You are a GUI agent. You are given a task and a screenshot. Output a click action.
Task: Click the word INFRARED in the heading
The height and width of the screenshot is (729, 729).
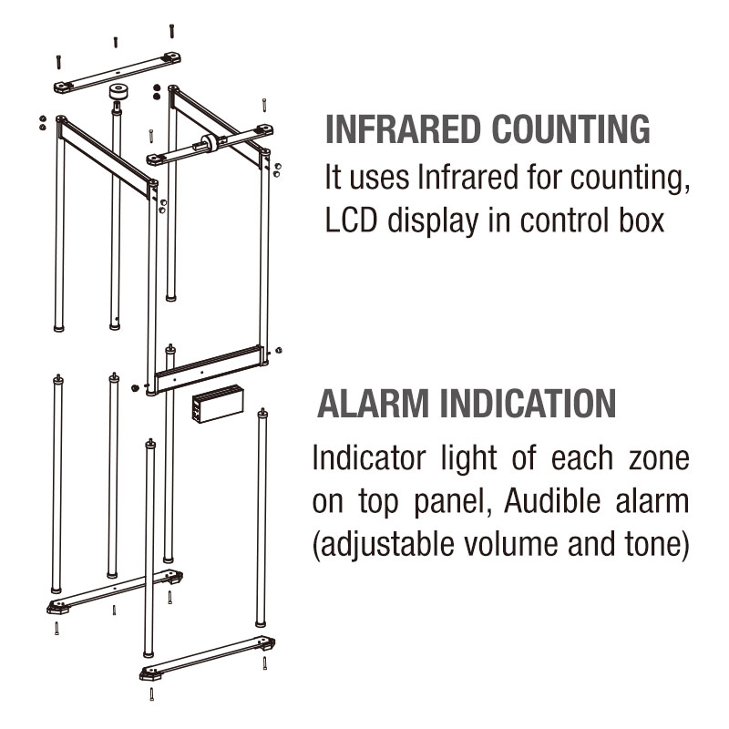pos(403,128)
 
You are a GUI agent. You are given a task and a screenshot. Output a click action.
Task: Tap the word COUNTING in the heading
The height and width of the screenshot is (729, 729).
pos(571,128)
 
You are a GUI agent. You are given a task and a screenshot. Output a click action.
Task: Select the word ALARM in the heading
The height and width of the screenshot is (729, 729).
pos(373,404)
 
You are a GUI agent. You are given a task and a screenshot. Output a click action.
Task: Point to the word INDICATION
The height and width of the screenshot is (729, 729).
pos(529,404)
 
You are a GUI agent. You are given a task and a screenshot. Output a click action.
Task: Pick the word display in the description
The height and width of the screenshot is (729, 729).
pos(433,221)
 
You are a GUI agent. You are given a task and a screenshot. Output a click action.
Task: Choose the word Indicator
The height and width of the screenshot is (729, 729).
pos(369,457)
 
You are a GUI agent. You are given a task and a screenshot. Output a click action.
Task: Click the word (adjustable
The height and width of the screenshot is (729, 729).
pos(383,545)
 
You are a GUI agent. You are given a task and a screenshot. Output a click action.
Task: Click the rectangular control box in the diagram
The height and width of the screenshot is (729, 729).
pos(218,403)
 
